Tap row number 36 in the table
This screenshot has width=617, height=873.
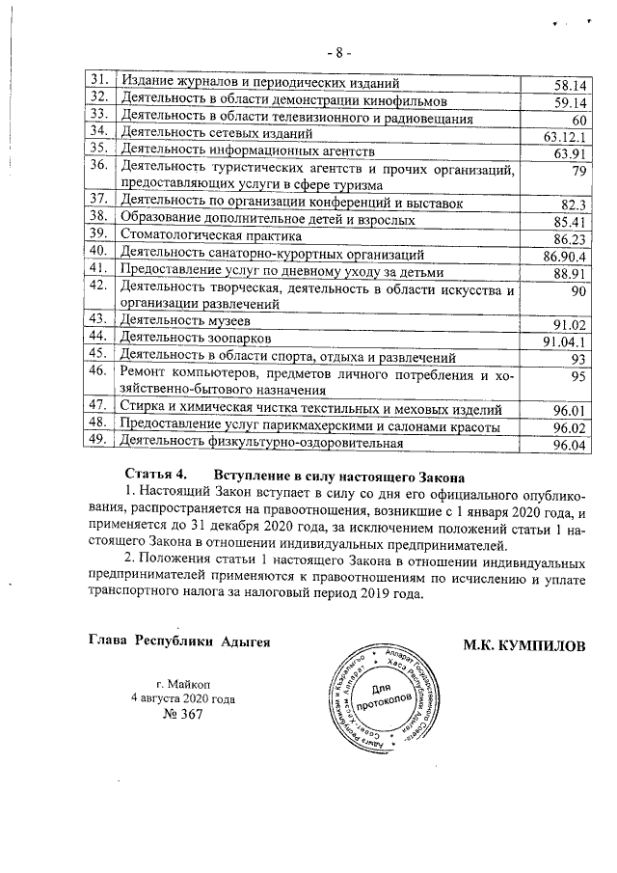(x=96, y=166)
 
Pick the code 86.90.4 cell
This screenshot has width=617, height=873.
(x=565, y=256)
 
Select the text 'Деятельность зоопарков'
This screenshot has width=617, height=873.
(x=189, y=340)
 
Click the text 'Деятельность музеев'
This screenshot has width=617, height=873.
(x=179, y=322)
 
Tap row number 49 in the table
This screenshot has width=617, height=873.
(x=96, y=442)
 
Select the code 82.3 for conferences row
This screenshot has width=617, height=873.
(x=575, y=204)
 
